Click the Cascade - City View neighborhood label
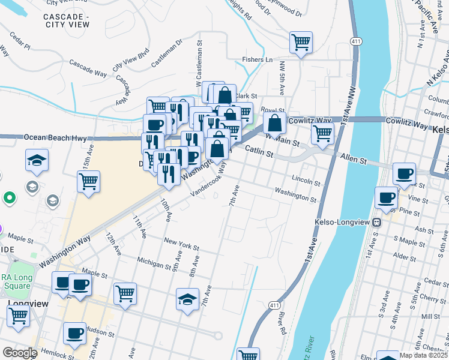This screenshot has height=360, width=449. tap(67, 20)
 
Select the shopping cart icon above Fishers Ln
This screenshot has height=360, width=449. tap(301, 43)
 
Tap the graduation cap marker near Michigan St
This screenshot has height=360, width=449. tap(187, 299)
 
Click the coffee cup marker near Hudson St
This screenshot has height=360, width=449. tap(74, 333)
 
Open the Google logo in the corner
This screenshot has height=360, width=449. tap(20, 353)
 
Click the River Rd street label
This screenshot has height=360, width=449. tap(280, 323)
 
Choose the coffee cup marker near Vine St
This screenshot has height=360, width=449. tap(385, 197)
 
